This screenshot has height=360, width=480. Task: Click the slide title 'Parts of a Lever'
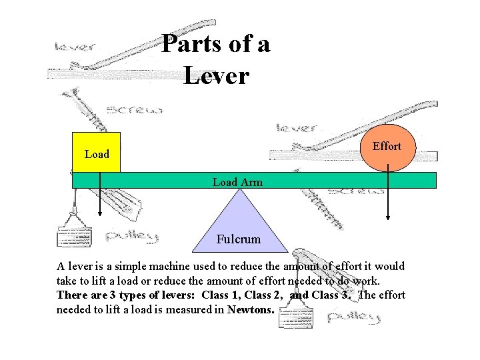[x=215, y=60]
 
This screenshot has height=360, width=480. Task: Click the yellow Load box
[x=97, y=153]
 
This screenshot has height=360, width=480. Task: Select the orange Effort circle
[x=387, y=148]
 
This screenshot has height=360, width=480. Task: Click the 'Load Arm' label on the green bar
[x=237, y=181]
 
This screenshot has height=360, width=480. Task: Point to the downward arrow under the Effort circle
[x=388, y=203]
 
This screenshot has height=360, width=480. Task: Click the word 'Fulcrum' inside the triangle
[x=239, y=239]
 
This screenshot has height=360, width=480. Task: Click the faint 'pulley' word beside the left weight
[x=131, y=236]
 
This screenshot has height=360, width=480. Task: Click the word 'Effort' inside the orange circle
[x=387, y=146]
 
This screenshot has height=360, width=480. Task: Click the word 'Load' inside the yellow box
[x=97, y=154]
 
